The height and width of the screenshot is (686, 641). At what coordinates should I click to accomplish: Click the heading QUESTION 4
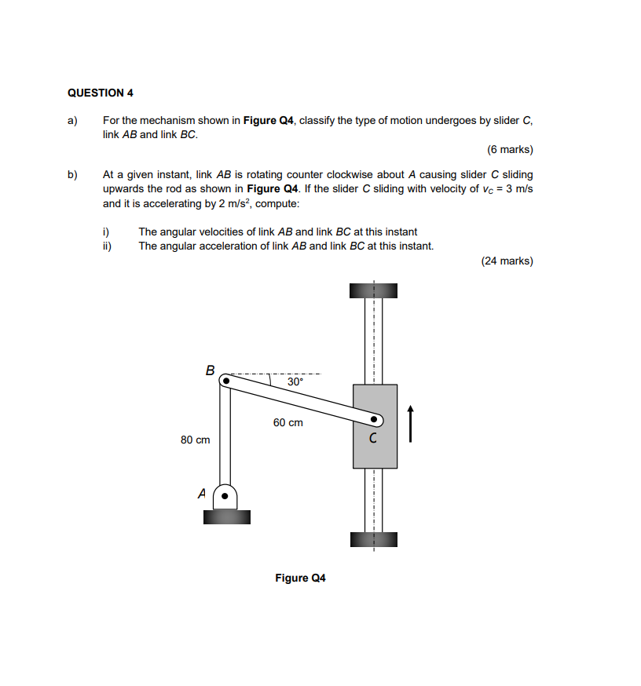(x=101, y=93)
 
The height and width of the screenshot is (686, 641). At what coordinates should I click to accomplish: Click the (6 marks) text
(x=510, y=149)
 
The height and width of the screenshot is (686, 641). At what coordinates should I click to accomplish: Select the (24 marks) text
(x=507, y=261)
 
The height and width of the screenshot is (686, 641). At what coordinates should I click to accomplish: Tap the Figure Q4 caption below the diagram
(x=300, y=578)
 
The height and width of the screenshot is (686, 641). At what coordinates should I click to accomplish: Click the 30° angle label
(x=295, y=381)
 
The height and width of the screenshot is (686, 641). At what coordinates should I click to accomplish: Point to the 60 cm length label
(x=288, y=422)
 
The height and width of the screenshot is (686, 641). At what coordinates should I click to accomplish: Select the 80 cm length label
(x=195, y=440)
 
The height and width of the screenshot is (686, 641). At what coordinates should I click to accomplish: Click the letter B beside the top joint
(x=210, y=369)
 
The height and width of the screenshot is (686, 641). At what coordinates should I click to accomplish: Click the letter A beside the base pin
(x=202, y=494)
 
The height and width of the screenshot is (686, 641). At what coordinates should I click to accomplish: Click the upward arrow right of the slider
(x=409, y=423)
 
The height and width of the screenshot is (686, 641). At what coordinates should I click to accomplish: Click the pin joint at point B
(x=225, y=381)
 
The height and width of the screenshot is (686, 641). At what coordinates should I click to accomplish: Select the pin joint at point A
(x=225, y=497)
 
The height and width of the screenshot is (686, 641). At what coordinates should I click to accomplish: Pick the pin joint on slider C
(x=375, y=419)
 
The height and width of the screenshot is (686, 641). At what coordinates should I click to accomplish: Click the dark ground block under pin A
(x=226, y=516)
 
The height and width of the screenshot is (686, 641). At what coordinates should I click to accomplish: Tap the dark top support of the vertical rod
(x=374, y=290)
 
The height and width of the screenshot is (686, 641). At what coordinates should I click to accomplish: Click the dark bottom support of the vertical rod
(x=374, y=539)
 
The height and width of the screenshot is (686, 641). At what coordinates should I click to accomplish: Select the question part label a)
(x=72, y=121)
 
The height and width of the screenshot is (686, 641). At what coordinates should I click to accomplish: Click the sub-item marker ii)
(x=108, y=246)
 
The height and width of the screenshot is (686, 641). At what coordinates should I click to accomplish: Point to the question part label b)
(x=72, y=174)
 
